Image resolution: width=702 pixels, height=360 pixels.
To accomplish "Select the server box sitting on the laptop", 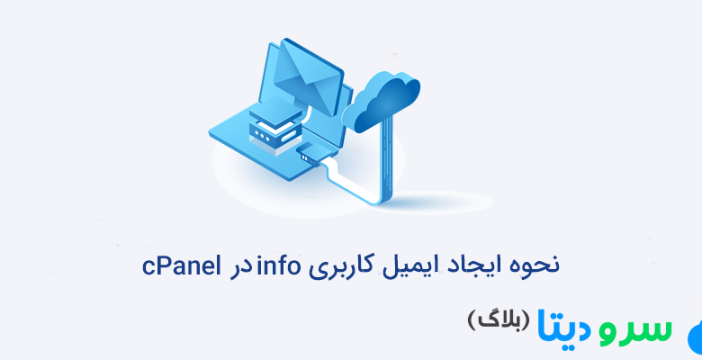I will coord(271,125).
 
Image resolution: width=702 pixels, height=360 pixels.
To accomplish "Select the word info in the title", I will coord(279,265).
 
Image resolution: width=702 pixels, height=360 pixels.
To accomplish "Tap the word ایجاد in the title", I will coord(459,266).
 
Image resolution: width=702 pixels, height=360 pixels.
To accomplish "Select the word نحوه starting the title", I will coord(527,266).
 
